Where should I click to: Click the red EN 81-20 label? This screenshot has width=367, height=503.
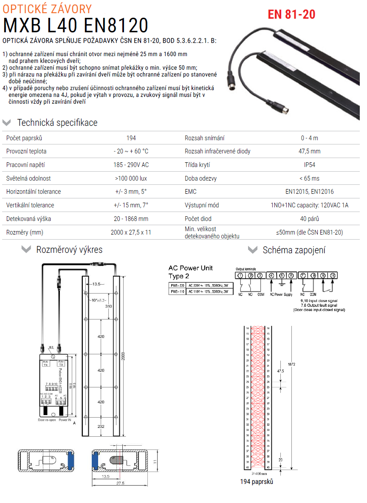click(291, 14)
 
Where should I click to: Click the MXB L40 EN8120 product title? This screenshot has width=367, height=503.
click(76, 25)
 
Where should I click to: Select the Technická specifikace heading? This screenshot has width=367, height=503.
click(57, 123)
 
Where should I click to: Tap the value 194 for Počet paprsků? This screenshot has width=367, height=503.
click(131, 138)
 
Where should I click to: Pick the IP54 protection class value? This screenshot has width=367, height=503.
click(309, 165)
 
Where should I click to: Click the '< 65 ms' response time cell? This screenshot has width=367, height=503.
click(309, 178)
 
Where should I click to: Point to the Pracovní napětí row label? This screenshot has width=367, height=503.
click(25, 165)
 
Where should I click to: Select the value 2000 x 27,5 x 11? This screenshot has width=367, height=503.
click(131, 232)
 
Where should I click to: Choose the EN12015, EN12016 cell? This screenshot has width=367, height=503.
click(309, 192)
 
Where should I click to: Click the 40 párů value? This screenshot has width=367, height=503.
click(309, 219)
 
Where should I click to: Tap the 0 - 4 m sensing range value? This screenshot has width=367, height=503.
click(309, 138)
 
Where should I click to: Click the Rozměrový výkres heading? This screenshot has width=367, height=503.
click(69, 249)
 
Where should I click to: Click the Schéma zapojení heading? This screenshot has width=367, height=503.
click(294, 250)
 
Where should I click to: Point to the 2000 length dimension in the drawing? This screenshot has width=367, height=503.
click(123, 355)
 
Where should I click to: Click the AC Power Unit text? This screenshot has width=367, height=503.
click(190, 268)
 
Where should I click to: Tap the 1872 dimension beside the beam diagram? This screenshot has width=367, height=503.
click(291, 365)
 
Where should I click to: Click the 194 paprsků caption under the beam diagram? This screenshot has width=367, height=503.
click(257, 482)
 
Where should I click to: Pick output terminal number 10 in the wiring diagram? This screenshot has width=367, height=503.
click(333, 276)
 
